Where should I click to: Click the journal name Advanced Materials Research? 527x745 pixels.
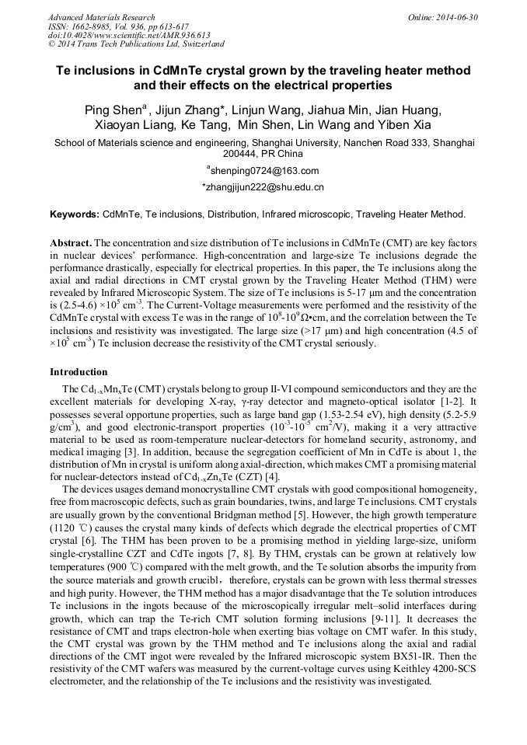point(101,17)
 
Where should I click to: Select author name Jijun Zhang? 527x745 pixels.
point(187,110)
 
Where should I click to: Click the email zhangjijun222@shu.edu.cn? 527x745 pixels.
point(263,187)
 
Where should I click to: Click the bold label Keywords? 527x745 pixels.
point(75,214)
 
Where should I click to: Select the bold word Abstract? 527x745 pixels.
point(71,243)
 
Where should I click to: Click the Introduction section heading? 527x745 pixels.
point(79,372)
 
